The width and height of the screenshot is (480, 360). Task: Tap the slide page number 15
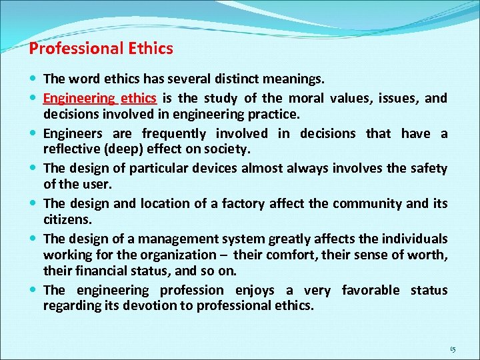pos(453,349)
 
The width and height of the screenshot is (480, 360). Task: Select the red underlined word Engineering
pos(79,99)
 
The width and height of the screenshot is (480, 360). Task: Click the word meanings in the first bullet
pos(293,79)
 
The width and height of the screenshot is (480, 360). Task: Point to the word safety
pos(427,169)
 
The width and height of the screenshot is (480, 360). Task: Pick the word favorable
pos(371,290)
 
